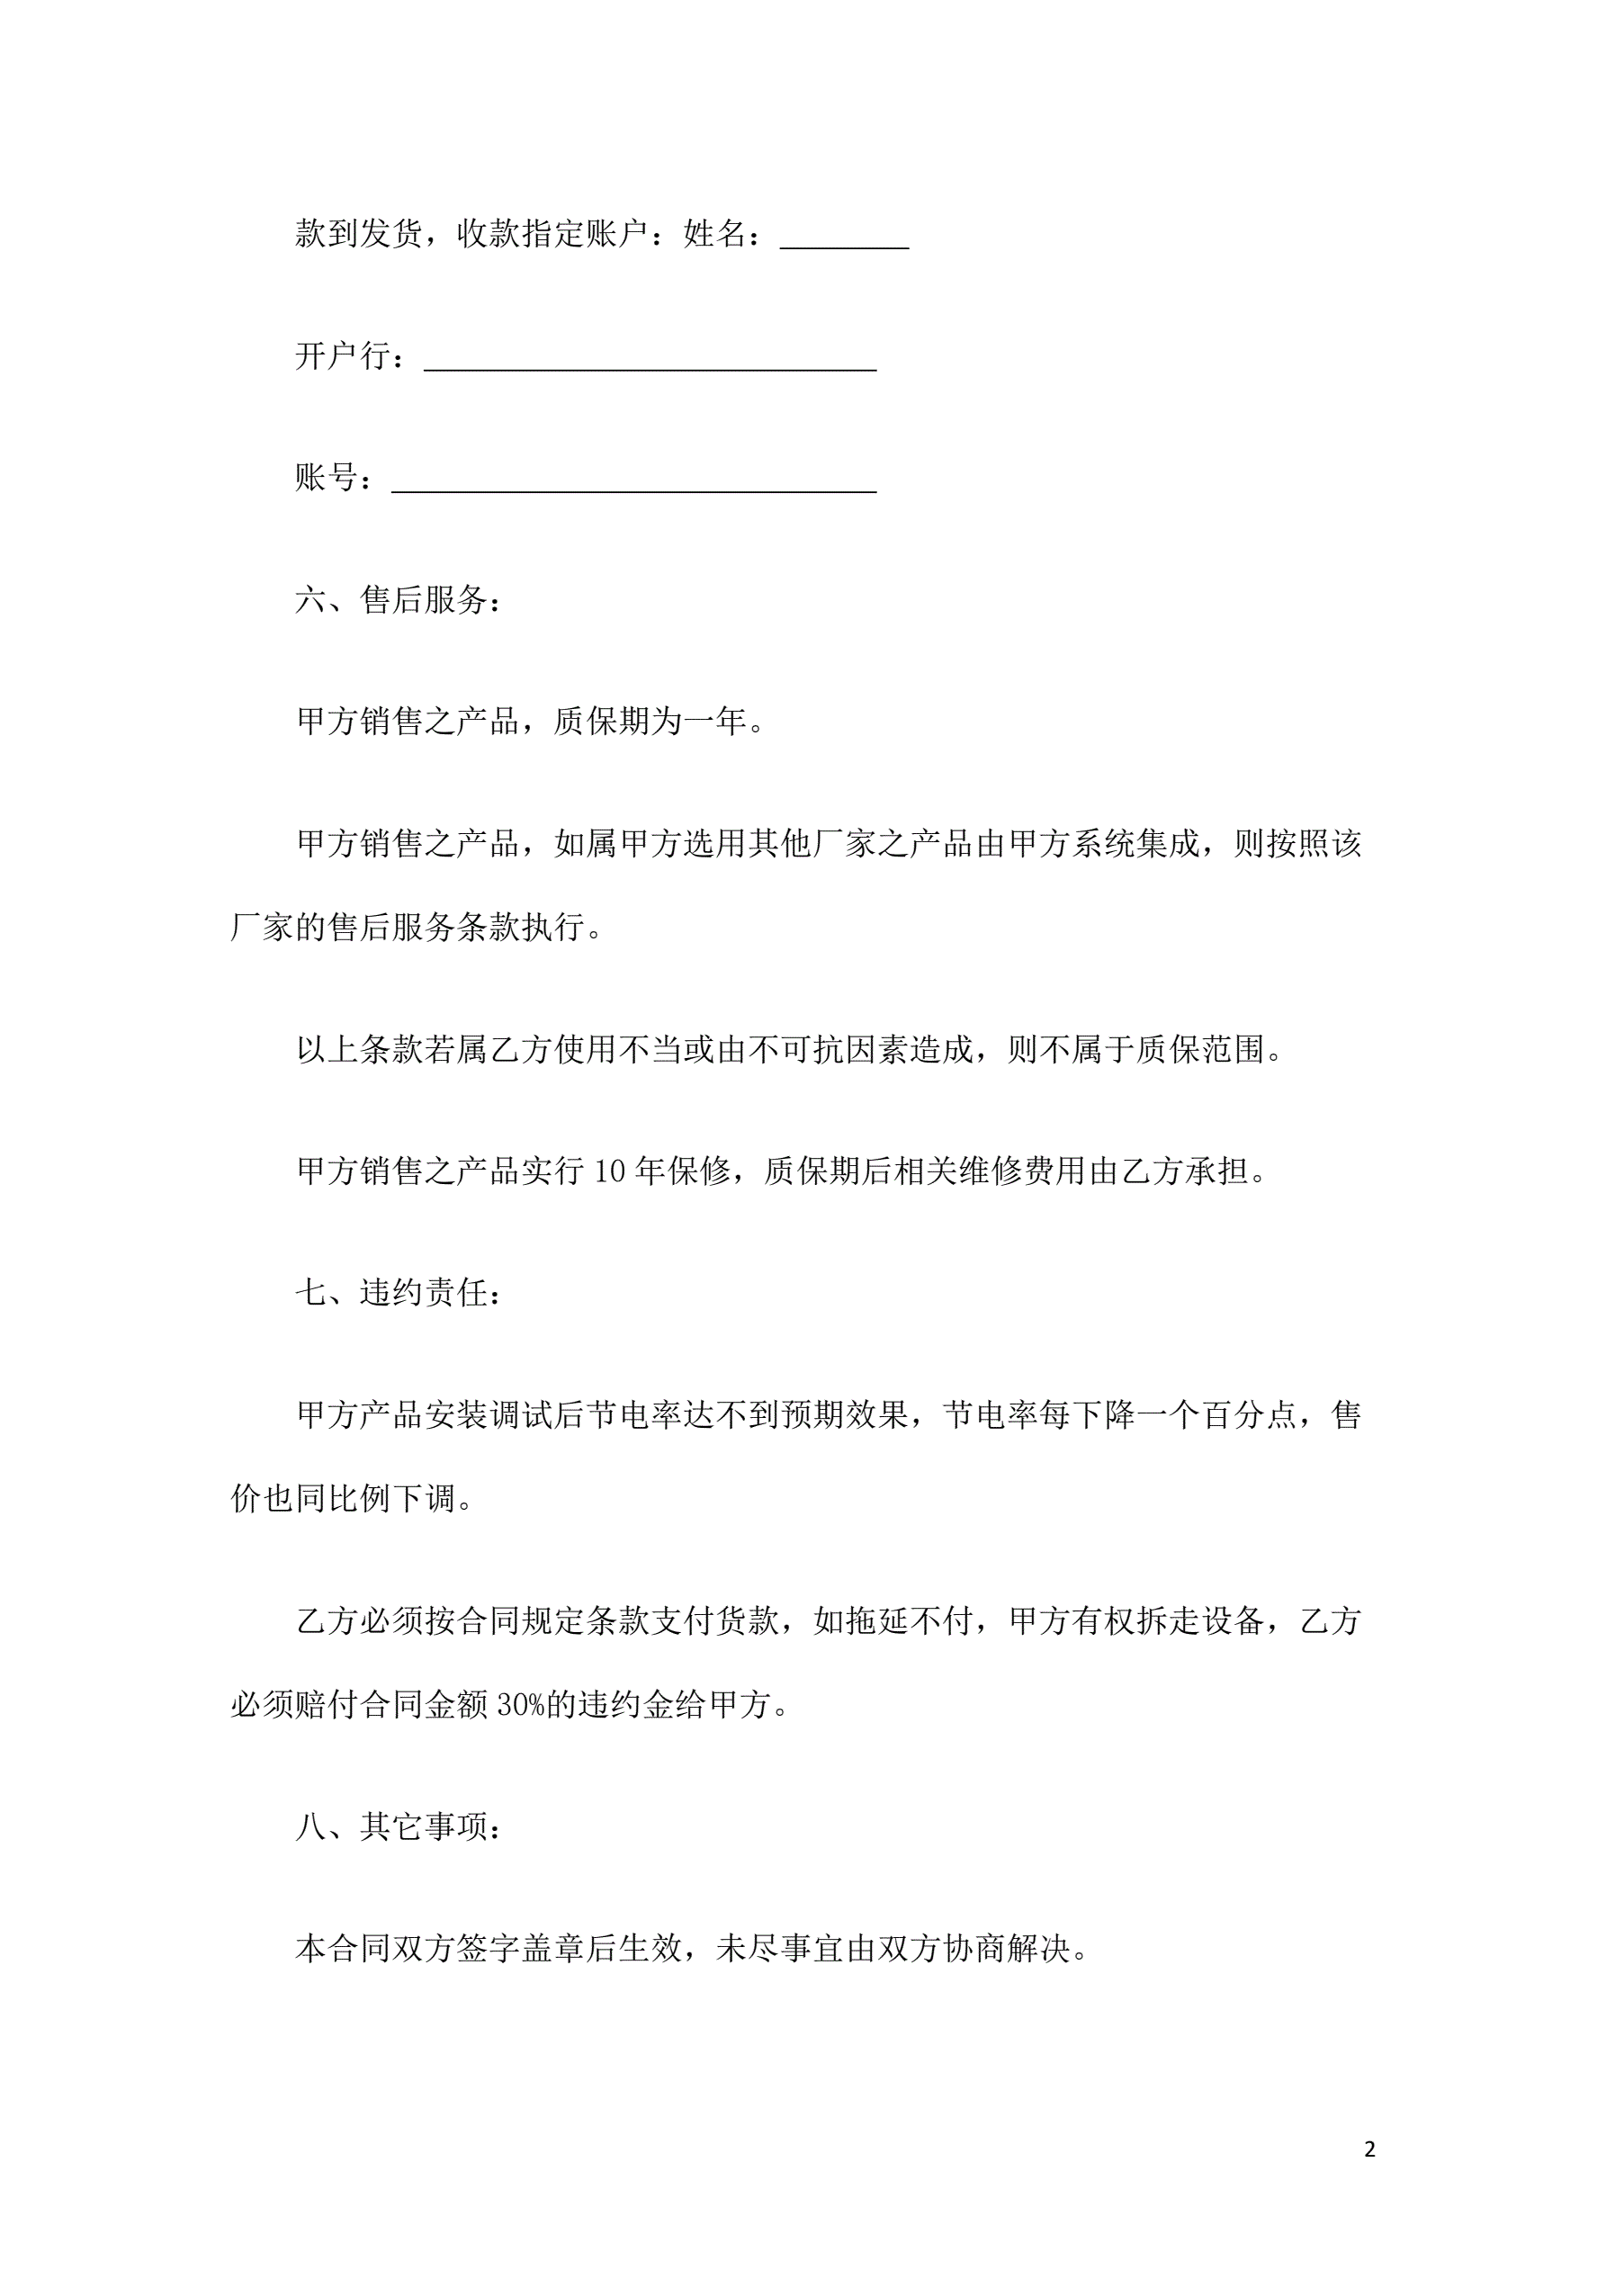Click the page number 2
[x=1368, y=2149]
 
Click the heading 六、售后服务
[x=398, y=600]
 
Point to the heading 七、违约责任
[x=398, y=1293]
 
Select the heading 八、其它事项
[x=398, y=1827]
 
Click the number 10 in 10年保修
[x=609, y=1171]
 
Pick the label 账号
[x=327, y=478]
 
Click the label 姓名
[x=714, y=234]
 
